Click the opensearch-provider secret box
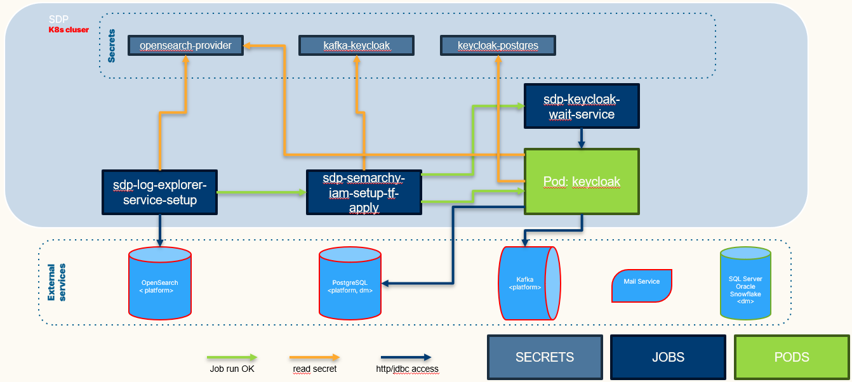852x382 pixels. pyautogui.click(x=185, y=46)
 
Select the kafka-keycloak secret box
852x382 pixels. pyautogui.click(x=356, y=46)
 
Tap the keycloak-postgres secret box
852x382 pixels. pyautogui.click(x=497, y=46)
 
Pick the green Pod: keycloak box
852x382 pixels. pyautogui.click(x=582, y=181)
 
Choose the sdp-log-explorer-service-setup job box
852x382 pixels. pyautogui.click(x=159, y=192)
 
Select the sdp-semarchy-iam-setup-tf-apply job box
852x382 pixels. pyautogui.click(x=364, y=192)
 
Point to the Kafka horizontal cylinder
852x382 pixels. pyautogui.click(x=529, y=283)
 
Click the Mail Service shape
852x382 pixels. pyautogui.click(x=642, y=285)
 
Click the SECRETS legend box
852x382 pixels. pyautogui.click(x=544, y=357)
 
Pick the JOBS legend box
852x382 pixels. pyautogui.click(x=668, y=357)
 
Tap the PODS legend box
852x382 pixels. pyautogui.click(x=791, y=357)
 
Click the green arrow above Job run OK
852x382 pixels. pyautogui.click(x=232, y=357)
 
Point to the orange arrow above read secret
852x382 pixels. pyautogui.click(x=314, y=357)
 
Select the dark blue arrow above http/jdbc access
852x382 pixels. pyautogui.click(x=406, y=357)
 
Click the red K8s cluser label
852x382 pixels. pyautogui.click(x=69, y=30)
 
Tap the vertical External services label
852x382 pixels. pyautogui.click(x=57, y=283)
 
